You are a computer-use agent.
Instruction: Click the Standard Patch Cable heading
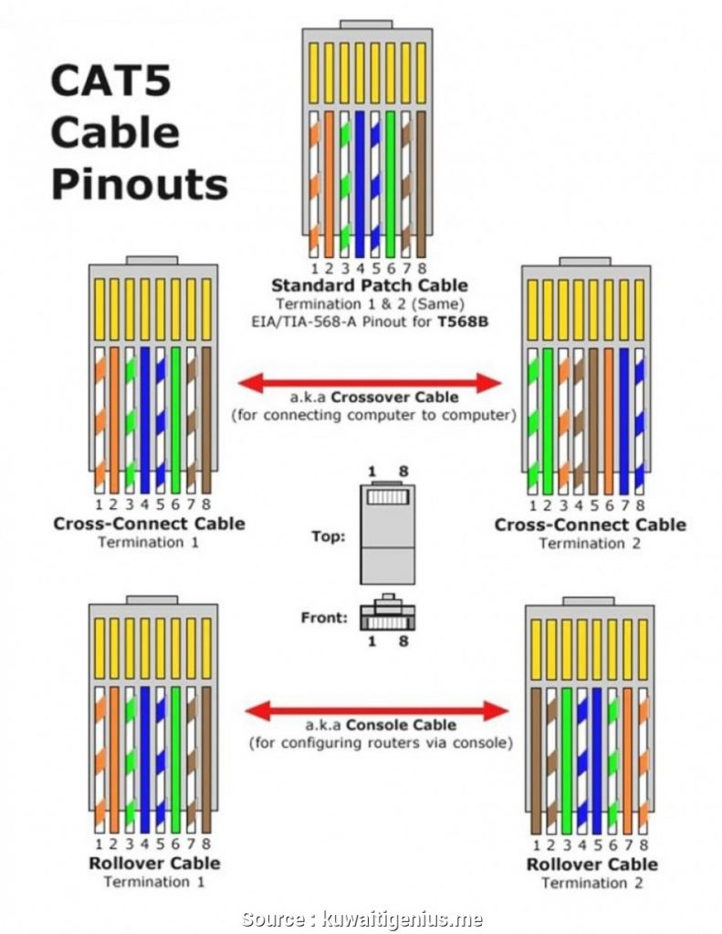pyautogui.click(x=369, y=285)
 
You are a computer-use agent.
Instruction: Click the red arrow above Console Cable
pyautogui.click(x=378, y=710)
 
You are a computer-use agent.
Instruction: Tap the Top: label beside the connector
pyautogui.click(x=329, y=537)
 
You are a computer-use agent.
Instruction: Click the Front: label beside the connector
pyautogui.click(x=324, y=617)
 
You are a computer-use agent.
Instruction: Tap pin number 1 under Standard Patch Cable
pyautogui.click(x=315, y=268)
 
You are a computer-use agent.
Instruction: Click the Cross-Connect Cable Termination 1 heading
pyautogui.click(x=149, y=524)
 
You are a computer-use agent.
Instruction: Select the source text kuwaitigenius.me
pyautogui.click(x=403, y=919)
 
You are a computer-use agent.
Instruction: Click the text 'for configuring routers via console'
pyautogui.click(x=381, y=743)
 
